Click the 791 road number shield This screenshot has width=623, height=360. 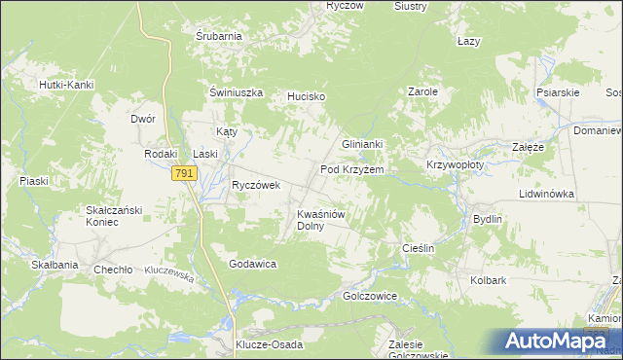[185, 172]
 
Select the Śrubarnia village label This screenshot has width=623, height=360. [218, 37]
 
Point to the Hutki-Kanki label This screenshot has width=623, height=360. [66, 85]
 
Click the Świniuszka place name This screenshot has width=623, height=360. [238, 92]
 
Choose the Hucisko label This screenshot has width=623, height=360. [305, 97]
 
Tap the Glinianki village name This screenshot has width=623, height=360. [362, 144]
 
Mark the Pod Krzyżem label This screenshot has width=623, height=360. [352, 169]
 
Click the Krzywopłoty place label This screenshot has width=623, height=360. [455, 165]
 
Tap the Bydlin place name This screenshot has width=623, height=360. [487, 219]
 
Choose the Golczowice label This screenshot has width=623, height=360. [370, 295]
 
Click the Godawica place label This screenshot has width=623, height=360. [253, 264]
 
